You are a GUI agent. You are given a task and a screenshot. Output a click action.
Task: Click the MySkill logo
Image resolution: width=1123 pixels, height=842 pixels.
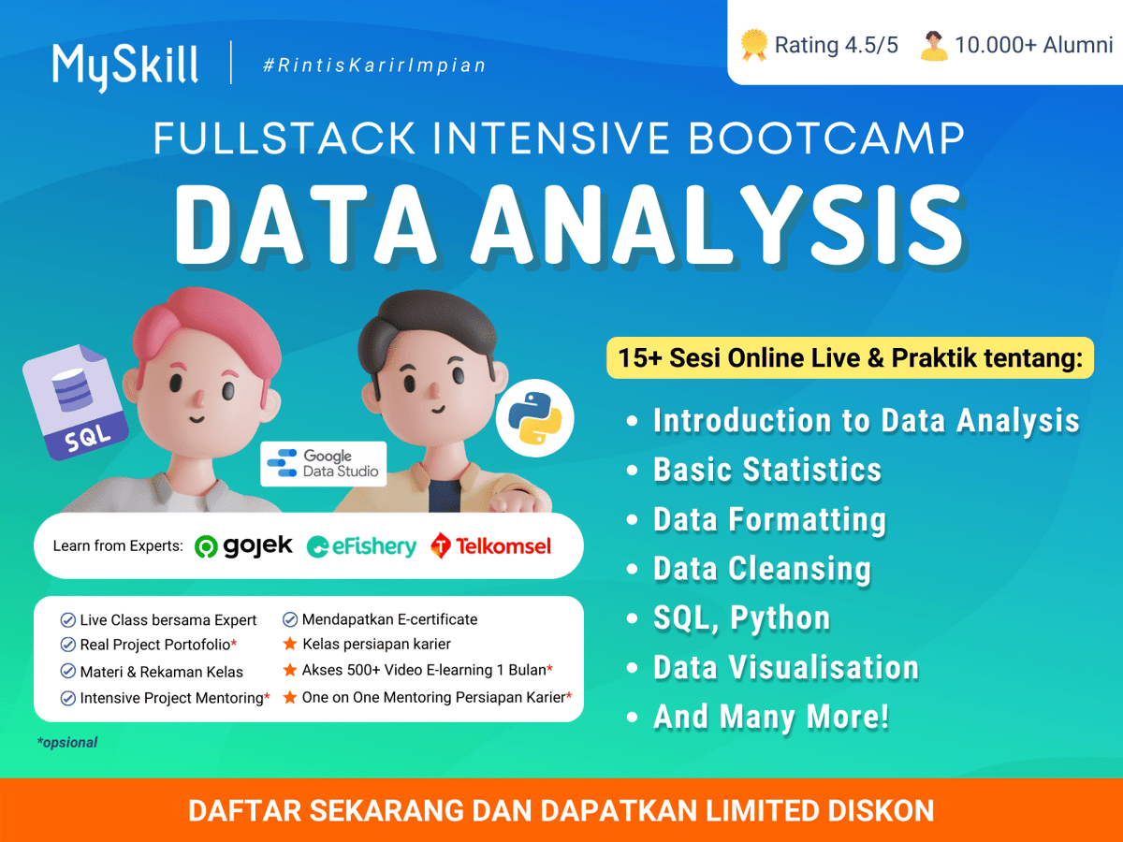click(x=125, y=65)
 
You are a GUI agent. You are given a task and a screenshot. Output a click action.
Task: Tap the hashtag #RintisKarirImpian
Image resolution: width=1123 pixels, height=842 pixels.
click(x=374, y=65)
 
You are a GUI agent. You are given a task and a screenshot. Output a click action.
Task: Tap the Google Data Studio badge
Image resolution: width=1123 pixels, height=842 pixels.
click(x=323, y=463)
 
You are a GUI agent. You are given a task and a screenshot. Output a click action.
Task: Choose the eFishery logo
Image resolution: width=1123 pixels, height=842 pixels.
click(x=362, y=546)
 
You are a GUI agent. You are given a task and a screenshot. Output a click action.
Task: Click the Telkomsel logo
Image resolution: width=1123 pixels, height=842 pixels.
click(x=492, y=545)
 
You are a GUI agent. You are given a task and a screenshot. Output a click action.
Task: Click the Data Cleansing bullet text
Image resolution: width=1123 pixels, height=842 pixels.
click(x=762, y=569)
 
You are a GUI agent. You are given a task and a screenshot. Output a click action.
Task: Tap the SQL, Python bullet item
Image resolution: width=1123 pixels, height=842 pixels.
click(x=741, y=618)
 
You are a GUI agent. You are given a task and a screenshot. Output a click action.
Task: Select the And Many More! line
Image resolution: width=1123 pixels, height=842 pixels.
click(x=771, y=718)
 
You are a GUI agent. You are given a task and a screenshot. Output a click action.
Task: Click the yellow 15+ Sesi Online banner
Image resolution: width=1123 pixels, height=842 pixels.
click(x=850, y=357)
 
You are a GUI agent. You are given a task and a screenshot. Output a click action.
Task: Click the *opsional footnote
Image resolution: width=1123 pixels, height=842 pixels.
click(x=66, y=743)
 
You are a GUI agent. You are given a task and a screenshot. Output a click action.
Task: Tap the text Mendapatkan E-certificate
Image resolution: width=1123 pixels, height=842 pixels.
click(x=389, y=619)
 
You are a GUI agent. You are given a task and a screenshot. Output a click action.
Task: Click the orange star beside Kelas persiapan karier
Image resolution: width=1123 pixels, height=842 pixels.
click(x=290, y=645)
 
